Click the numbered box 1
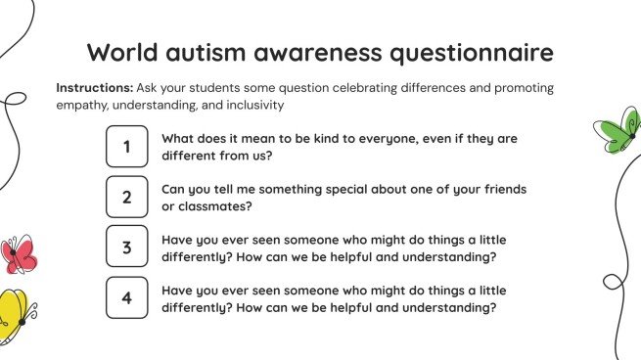coord(127,148)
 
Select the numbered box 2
coord(127,197)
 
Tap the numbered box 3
coord(127,247)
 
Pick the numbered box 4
coord(127,297)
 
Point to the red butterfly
coord(18,254)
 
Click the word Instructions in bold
coord(94,87)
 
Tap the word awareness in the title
coord(313,52)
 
